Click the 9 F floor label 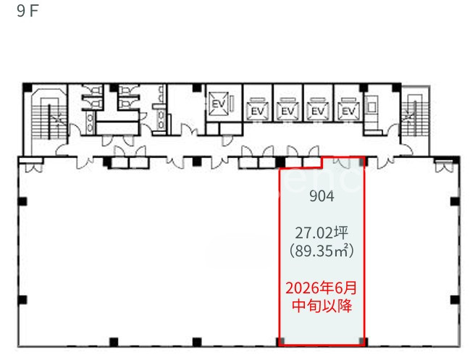point(28,11)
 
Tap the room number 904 point(322,196)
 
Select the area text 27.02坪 point(322,233)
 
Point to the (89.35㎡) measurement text point(322,251)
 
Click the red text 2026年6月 point(322,288)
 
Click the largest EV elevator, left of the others point(219,104)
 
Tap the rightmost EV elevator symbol point(348,109)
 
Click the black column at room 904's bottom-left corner point(281,341)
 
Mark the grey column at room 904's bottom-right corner point(363,341)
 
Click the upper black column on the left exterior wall point(22,201)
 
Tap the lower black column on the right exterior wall point(455,300)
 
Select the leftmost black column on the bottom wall point(114,342)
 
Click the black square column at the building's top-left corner point(28,88)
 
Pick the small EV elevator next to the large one point(257,109)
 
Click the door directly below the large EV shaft point(226,141)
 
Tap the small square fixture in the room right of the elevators point(372,106)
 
